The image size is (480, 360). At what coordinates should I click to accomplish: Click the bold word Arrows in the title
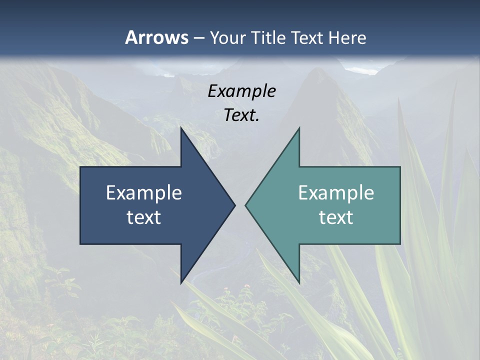pos(156,37)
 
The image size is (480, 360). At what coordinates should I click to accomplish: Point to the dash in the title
pos(198,38)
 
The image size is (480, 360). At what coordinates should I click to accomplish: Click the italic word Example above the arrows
pos(242,91)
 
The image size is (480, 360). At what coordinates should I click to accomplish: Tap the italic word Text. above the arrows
pos(242,115)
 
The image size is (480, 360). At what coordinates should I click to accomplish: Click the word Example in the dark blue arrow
pos(144,192)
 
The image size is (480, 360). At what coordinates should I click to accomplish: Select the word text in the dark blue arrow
pos(144,217)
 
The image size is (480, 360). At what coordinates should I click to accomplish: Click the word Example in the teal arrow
pos(336,192)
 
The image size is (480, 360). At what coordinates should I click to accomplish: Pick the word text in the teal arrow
pos(336,217)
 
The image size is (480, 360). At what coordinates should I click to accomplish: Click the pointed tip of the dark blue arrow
pos(234,205)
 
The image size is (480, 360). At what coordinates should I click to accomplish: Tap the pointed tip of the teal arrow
pos(245,205)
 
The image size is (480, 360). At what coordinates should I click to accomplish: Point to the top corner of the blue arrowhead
pos(181,128)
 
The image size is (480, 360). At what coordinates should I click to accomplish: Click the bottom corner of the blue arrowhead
pos(181,282)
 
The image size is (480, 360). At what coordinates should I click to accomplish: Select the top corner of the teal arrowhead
pos(299,128)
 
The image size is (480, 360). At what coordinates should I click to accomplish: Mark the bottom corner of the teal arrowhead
pos(299,282)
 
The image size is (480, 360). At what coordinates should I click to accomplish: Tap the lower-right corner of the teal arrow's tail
pos(399,243)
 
